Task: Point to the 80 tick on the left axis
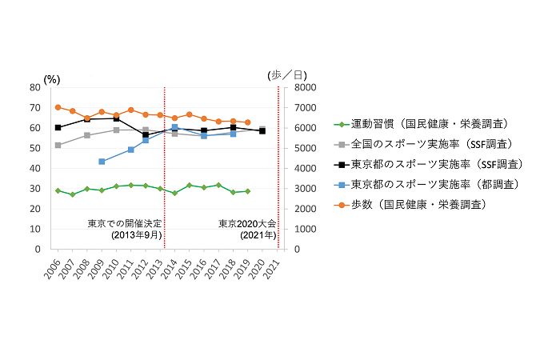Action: coord(36,87)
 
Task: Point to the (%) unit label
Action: coord(52,78)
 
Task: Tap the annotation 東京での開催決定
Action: coord(125,224)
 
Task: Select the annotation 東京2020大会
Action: coord(247,224)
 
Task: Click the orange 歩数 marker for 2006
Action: coord(58,107)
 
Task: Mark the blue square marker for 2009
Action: coord(102,162)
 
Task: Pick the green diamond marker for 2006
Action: coord(58,190)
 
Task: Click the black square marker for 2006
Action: coord(58,127)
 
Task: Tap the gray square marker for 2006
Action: coord(58,145)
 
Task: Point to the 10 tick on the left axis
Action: coord(36,229)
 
